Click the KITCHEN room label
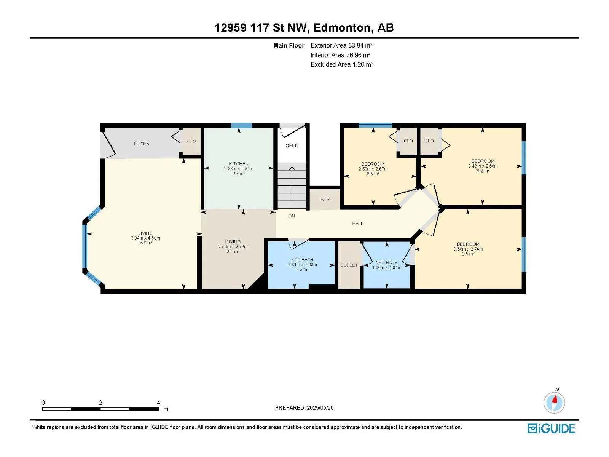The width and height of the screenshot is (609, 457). click(239, 164)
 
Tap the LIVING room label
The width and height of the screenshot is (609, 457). click(145, 233)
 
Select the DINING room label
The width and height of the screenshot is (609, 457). click(233, 242)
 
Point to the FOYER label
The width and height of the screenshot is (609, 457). click(142, 144)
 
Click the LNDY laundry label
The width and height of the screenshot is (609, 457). click(324, 200)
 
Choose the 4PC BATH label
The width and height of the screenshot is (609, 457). click(302, 260)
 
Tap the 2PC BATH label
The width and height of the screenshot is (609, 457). click(386, 262)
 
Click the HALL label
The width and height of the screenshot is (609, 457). click(357, 224)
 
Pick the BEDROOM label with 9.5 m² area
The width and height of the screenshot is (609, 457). click(468, 244)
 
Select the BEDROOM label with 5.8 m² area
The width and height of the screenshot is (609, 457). click(373, 164)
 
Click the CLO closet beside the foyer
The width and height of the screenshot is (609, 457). click(191, 142)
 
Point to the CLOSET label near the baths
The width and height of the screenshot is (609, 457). click(349, 265)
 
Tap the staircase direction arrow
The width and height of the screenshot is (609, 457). click(292, 185)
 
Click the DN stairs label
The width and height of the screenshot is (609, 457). click(292, 216)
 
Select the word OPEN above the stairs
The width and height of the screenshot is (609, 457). click(292, 145)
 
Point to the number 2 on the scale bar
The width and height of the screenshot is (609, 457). click(100, 403)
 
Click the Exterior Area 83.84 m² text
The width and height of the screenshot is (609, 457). click(341, 45)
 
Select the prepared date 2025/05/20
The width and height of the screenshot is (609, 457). click(320, 408)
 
